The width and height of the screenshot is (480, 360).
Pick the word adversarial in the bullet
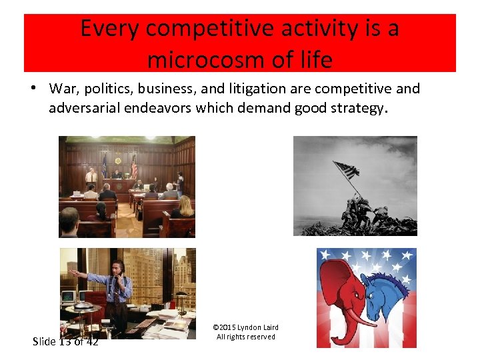pos(85,108)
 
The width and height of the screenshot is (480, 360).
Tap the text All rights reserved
pos(245,337)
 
